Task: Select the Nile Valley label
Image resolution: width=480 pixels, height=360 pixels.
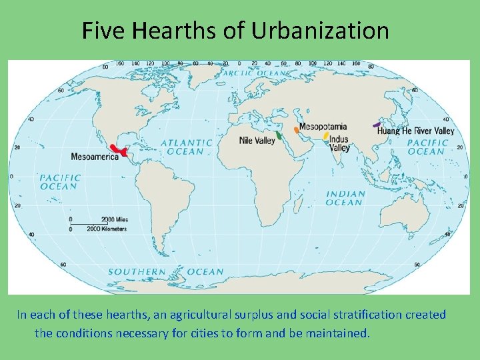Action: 257,141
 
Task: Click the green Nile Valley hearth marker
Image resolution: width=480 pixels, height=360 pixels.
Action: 279,135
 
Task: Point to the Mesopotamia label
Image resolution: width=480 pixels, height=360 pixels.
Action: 323,127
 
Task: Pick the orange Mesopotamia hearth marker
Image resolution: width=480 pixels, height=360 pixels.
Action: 296,129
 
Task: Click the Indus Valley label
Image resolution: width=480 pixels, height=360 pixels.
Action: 339,144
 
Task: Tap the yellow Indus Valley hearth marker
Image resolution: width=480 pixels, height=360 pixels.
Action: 325,136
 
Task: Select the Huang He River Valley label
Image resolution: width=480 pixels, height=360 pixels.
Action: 415,131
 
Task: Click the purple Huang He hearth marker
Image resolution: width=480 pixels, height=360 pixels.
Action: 377,124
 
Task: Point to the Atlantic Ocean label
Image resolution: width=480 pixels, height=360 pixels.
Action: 187,147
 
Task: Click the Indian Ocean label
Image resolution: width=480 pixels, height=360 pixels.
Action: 345,198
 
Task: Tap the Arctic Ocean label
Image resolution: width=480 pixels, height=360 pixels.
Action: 255,73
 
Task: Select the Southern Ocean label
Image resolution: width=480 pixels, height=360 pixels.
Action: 166,272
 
